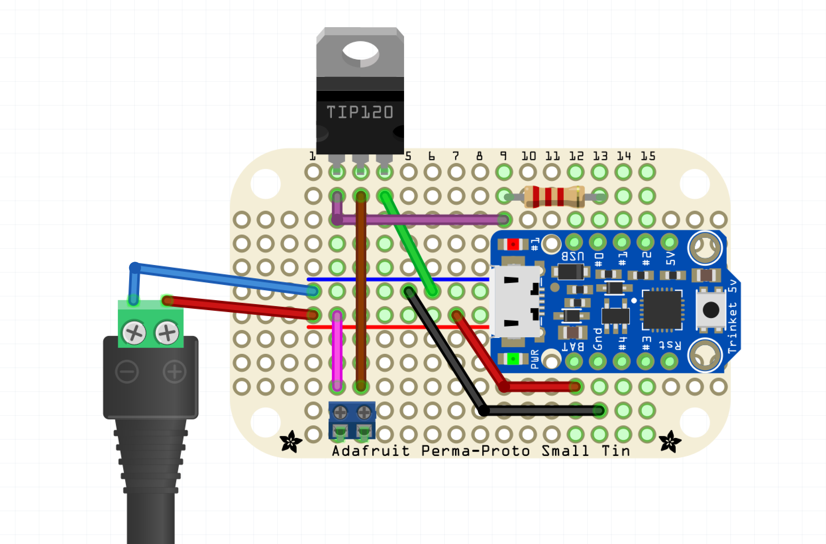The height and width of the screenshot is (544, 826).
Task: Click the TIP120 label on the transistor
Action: pos(360,112)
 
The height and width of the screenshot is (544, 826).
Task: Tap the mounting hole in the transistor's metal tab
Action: pos(360,51)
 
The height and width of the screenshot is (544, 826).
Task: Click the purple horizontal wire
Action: pos(420,219)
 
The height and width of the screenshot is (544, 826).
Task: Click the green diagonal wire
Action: pos(408,243)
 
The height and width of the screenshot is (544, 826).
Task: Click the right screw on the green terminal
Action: pos(167,333)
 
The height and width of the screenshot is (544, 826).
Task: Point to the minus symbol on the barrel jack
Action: pos(127,372)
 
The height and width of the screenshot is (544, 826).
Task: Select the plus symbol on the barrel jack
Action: pos(175,372)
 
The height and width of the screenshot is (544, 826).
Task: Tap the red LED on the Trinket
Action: pos(513,245)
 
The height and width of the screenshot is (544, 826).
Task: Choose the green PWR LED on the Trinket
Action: pos(513,359)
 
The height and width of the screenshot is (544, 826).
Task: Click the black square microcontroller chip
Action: pos(662,309)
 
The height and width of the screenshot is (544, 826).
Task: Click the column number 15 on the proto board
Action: pos(647,156)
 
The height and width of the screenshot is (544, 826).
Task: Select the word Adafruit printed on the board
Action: pos(371,451)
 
